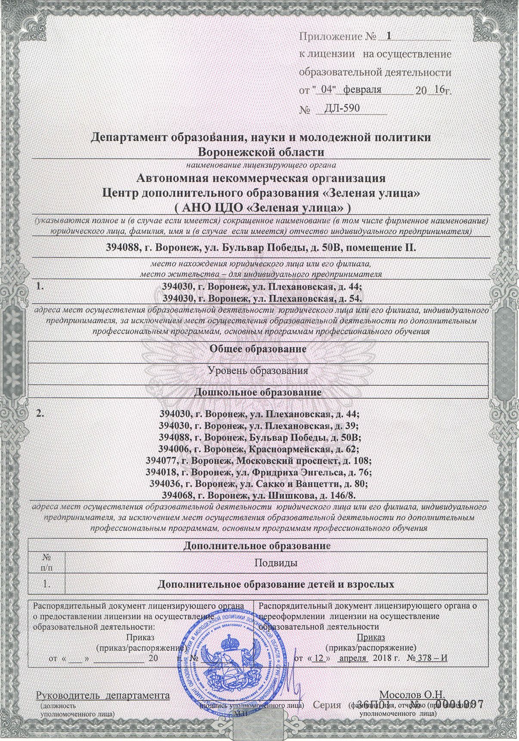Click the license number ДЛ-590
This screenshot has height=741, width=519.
[x=342, y=108]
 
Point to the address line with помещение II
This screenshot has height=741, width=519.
[x=261, y=248]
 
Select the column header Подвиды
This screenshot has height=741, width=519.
[x=276, y=563]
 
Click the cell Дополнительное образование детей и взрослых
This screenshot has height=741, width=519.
[x=276, y=584]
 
